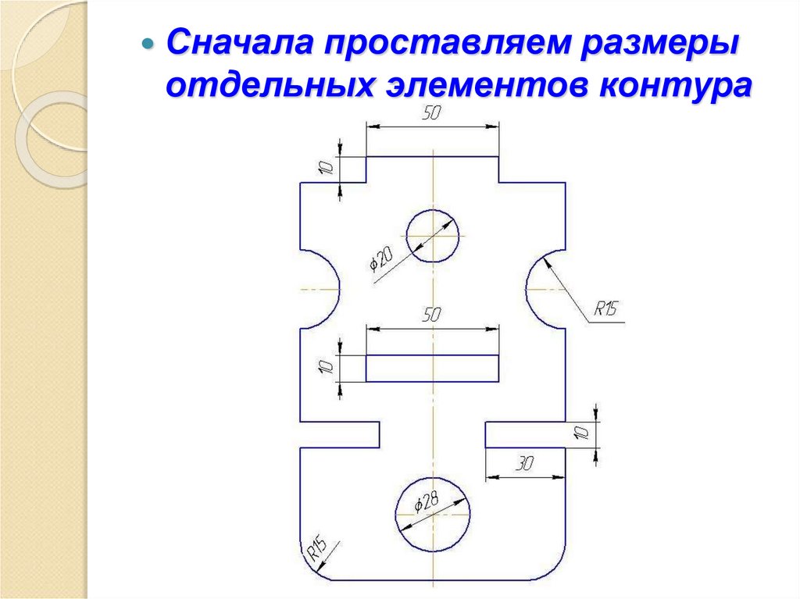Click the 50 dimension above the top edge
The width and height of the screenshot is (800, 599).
(x=432, y=114)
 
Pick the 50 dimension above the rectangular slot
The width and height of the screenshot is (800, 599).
(x=432, y=316)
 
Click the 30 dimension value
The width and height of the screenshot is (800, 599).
(x=524, y=464)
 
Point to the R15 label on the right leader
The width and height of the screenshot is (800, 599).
(x=605, y=309)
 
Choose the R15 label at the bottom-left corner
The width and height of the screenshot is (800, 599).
(x=316, y=549)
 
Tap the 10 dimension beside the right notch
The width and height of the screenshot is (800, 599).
(x=580, y=434)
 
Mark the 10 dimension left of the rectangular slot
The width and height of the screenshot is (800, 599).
(x=328, y=367)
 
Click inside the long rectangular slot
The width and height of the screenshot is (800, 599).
(x=432, y=369)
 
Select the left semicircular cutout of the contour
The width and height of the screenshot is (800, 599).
(x=320, y=288)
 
